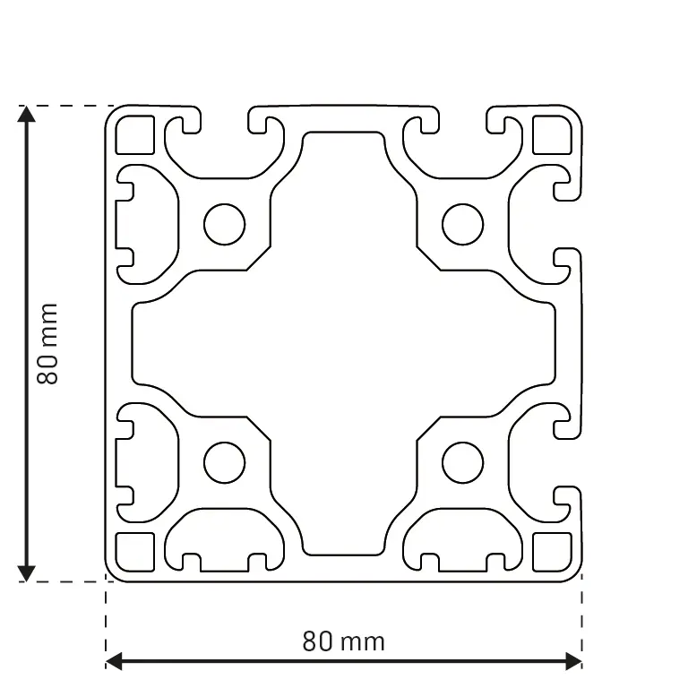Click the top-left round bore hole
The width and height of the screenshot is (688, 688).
pyautogui.click(x=224, y=224)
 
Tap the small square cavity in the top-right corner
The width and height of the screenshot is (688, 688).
pyautogui.click(x=552, y=135)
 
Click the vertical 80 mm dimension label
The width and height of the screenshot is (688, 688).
pyautogui.click(x=47, y=344)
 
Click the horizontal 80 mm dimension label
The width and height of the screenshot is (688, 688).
pyautogui.click(x=343, y=641)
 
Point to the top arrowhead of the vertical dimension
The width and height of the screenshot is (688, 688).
pyautogui.click(x=27, y=115)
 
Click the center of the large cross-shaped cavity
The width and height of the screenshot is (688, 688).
pyautogui.click(x=343, y=344)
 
